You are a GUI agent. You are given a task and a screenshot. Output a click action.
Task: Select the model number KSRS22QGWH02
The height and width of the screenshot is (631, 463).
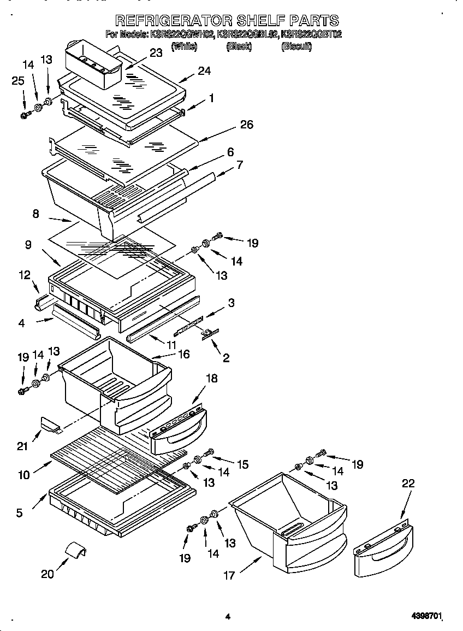(182, 34)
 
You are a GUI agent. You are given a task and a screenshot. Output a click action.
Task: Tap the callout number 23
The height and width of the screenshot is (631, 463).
(156, 53)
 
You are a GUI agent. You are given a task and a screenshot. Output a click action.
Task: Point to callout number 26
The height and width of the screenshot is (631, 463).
(246, 125)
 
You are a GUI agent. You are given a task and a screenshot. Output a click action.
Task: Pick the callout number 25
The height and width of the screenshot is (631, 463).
(18, 81)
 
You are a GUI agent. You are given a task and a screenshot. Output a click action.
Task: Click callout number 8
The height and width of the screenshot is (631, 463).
(36, 214)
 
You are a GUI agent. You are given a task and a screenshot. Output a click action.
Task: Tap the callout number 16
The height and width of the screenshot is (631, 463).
(183, 354)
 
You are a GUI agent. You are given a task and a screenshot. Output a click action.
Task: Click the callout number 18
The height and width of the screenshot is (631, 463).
(210, 378)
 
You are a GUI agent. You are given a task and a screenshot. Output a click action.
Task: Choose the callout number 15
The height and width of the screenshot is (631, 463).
(242, 464)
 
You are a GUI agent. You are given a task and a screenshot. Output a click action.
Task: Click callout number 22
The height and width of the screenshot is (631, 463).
(408, 483)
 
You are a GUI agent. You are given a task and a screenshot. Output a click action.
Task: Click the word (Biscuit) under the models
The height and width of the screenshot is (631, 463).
(296, 47)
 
